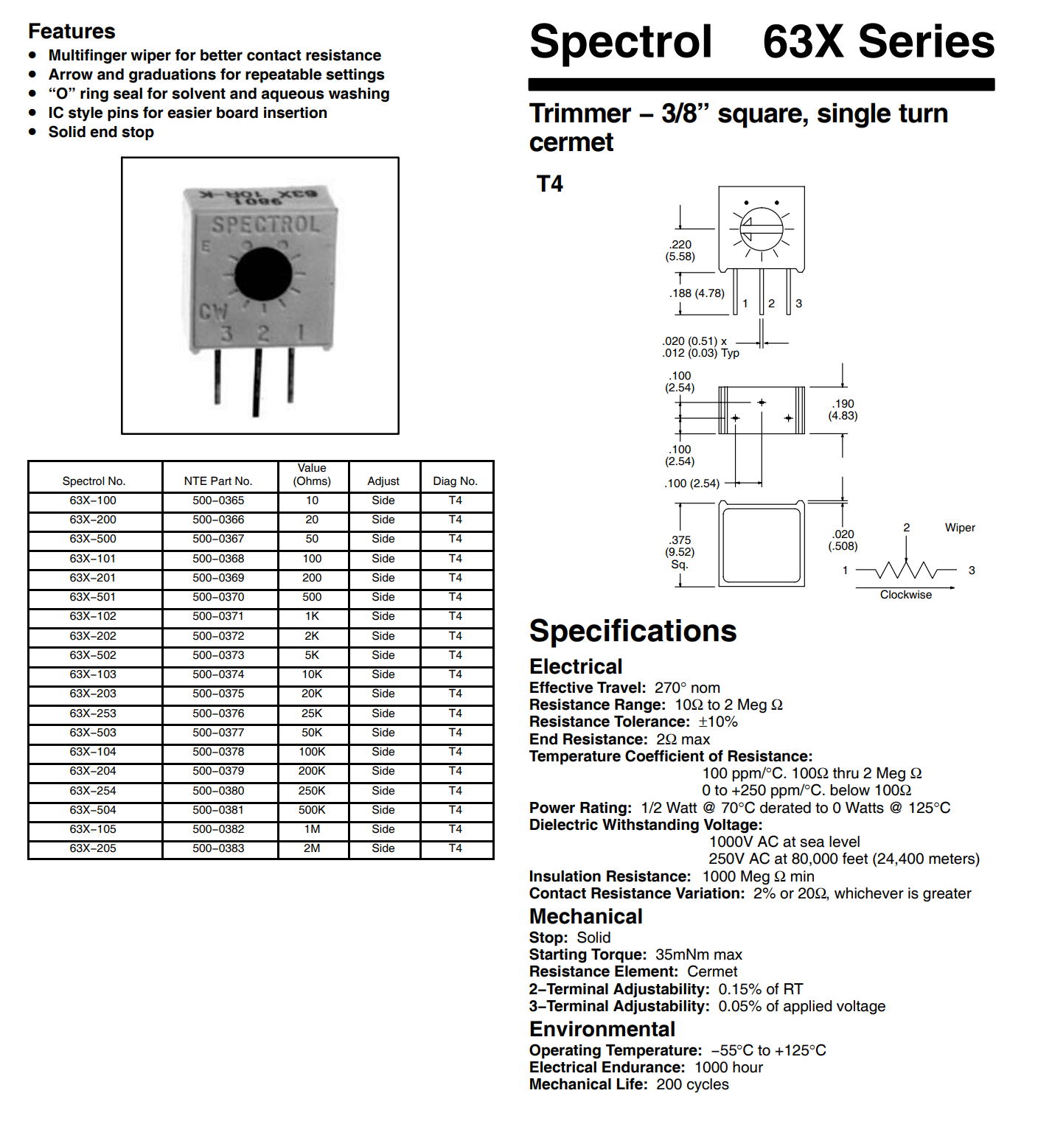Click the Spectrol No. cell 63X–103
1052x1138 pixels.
pos(93,674)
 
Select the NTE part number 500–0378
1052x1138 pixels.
pos(218,752)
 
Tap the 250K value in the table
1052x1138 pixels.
pos(312,791)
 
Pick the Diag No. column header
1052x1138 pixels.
pos(455,481)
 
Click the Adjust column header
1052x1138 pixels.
pos(383,481)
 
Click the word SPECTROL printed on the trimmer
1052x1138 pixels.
pos(266,225)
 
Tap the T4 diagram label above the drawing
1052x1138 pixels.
pos(549,184)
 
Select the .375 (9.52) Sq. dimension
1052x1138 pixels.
pos(680,552)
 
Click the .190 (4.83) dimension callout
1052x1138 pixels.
pos(843,410)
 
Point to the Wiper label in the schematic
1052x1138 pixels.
pos(960,528)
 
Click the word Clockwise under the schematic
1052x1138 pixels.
pos(905,595)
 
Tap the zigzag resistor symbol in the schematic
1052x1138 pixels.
pos(906,570)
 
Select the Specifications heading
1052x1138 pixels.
pos(633,631)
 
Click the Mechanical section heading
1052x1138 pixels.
pos(585,916)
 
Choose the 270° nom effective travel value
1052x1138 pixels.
pos(687,688)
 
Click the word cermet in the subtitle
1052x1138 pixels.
pos(571,142)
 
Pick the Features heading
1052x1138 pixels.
pos(72,31)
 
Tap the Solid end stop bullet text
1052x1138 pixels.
pos(101,132)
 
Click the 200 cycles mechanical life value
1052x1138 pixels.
pos(692,1084)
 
